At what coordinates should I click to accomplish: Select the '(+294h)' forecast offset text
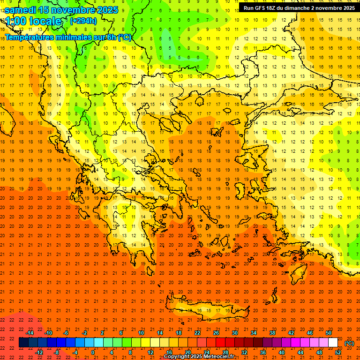[x=83, y=21]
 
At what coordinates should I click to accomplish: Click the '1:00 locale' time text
[x=33, y=22]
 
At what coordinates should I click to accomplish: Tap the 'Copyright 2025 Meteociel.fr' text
[x=199, y=357]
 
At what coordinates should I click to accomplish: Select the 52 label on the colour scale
[x=338, y=352]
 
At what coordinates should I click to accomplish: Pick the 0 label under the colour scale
[x=92, y=352]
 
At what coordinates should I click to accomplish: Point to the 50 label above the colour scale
[x=329, y=333]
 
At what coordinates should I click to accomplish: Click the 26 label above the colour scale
[x=216, y=333]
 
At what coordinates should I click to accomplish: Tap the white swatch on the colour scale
[x=333, y=343]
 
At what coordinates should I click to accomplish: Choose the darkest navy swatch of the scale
[x=23, y=343]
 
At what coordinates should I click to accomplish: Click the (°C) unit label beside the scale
[x=349, y=343]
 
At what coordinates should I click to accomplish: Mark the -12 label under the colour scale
[x=39, y=352]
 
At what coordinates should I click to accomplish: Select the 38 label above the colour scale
[x=272, y=333]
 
